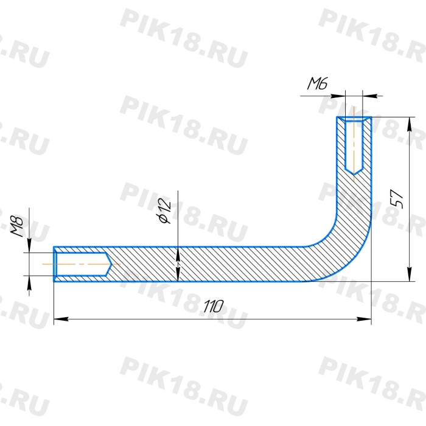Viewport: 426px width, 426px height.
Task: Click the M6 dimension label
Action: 317,83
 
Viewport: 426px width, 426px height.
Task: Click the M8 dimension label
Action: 17,226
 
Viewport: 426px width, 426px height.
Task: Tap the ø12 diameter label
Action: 165,211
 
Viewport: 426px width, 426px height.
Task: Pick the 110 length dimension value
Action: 214,307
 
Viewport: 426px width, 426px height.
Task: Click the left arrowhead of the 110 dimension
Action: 61,319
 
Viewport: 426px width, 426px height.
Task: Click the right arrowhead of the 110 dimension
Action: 364,319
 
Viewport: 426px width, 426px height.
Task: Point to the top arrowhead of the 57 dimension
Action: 410,124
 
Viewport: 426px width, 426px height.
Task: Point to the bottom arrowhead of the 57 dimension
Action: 410,274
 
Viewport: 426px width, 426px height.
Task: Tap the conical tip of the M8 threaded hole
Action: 109,264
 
